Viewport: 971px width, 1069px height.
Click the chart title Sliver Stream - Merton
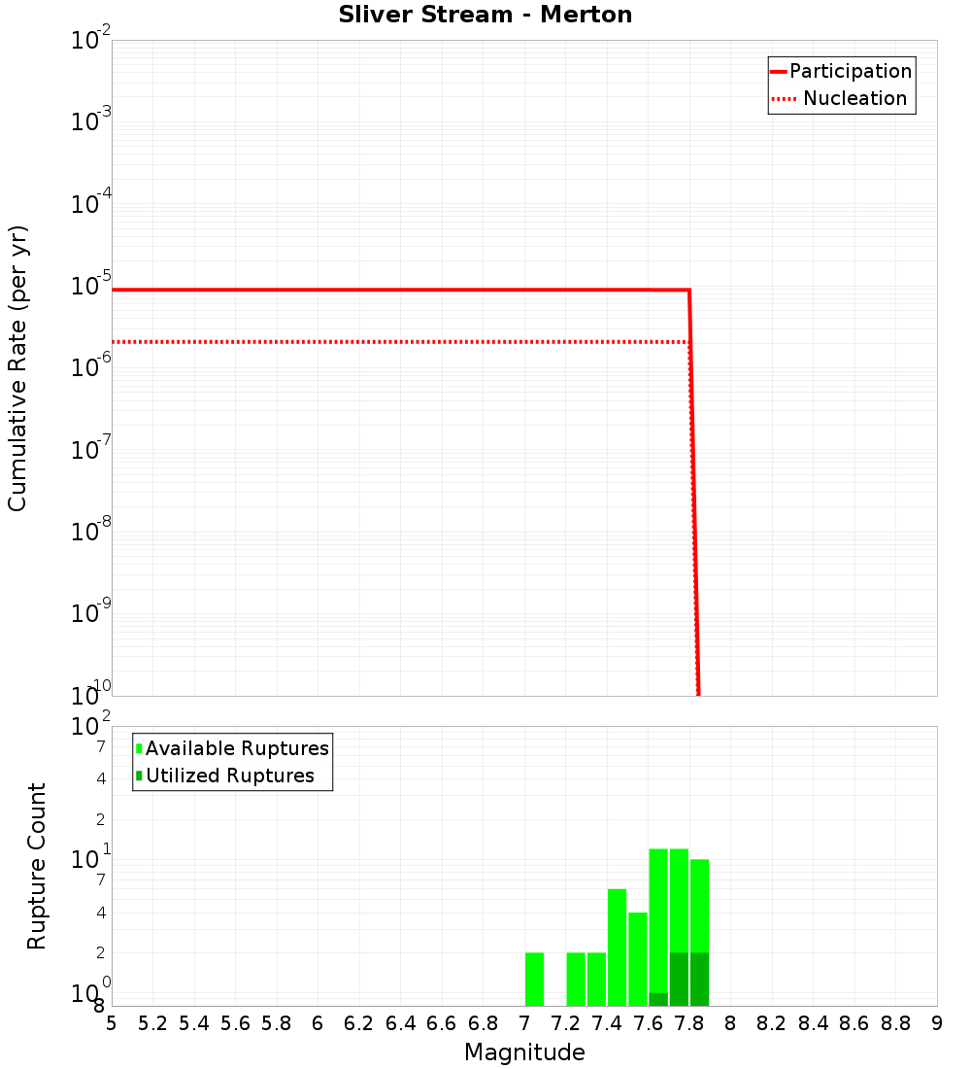click(x=485, y=15)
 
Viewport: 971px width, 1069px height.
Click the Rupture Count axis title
click(x=37, y=866)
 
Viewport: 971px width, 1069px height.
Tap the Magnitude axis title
click(x=524, y=1052)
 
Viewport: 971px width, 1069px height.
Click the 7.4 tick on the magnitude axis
click(x=607, y=1023)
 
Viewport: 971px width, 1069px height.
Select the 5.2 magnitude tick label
click(x=152, y=1023)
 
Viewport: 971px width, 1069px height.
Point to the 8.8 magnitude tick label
click(x=895, y=1023)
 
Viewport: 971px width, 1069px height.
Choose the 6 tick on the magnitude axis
click(x=318, y=1023)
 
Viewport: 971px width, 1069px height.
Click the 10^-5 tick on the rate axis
click(x=89, y=288)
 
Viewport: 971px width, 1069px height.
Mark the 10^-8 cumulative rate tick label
click(x=89, y=533)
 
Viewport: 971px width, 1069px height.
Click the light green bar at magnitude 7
click(x=534, y=979)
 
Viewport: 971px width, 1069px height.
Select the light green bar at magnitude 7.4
click(x=617, y=947)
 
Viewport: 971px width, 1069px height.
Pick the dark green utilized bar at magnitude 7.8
click(x=699, y=979)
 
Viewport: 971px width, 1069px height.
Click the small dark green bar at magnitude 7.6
click(x=658, y=999)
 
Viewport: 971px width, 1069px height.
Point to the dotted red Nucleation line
click(x=388, y=342)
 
